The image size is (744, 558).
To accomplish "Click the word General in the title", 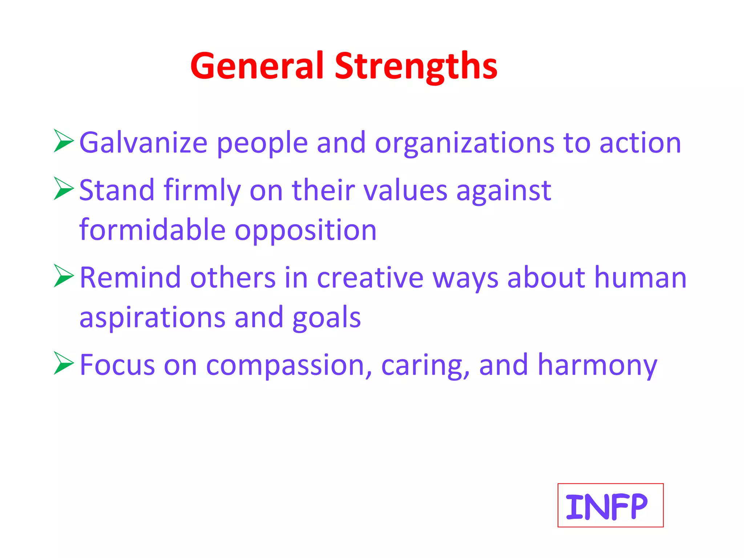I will tap(256, 66).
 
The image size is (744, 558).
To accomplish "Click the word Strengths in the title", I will tap(416, 66).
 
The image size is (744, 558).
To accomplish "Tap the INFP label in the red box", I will tap(606, 506).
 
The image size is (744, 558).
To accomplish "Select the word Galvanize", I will tap(143, 143).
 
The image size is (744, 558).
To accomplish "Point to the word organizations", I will tap(464, 143).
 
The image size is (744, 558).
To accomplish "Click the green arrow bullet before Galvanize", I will tap(63, 141).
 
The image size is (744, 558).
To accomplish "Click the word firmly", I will tap(202, 190).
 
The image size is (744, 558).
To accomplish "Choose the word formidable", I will tap(153, 230).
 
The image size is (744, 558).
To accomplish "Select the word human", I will tap(640, 278).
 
